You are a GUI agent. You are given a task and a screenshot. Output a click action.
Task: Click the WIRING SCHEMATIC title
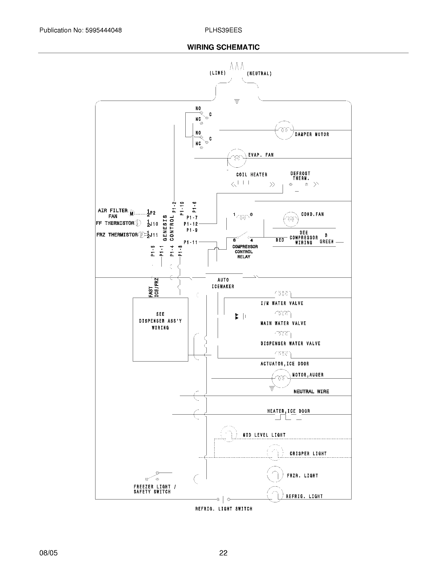point(223,47)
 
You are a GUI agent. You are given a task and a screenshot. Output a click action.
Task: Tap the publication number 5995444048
point(103,30)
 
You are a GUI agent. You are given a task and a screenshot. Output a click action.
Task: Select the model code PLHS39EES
point(223,30)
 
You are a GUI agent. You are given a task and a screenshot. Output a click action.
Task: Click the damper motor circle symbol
point(284,130)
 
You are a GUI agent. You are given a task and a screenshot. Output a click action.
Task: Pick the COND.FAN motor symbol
point(291,219)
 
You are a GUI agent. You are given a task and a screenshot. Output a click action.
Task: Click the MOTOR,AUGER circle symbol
point(281,378)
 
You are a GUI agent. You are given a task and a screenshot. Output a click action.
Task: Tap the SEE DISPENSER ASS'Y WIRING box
point(160,329)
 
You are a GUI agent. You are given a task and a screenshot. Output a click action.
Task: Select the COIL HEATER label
point(252,175)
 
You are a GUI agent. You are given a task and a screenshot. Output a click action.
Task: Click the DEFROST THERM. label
point(300,176)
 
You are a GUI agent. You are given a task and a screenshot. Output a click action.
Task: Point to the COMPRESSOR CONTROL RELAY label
point(245,252)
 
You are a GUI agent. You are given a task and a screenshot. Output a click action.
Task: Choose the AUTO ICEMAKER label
point(223,283)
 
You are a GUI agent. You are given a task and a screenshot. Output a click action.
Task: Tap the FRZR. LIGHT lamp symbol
point(275,474)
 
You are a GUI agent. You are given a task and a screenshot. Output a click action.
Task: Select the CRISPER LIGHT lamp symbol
point(275,453)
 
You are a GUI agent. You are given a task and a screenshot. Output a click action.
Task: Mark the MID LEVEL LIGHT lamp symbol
point(229,434)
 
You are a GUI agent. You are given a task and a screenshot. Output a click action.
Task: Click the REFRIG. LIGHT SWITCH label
point(224,509)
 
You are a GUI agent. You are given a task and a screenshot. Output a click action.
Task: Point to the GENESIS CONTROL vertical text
point(168,228)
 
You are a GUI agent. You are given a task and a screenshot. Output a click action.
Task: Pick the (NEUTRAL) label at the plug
point(259,74)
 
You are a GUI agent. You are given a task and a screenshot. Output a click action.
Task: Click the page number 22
point(223,553)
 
